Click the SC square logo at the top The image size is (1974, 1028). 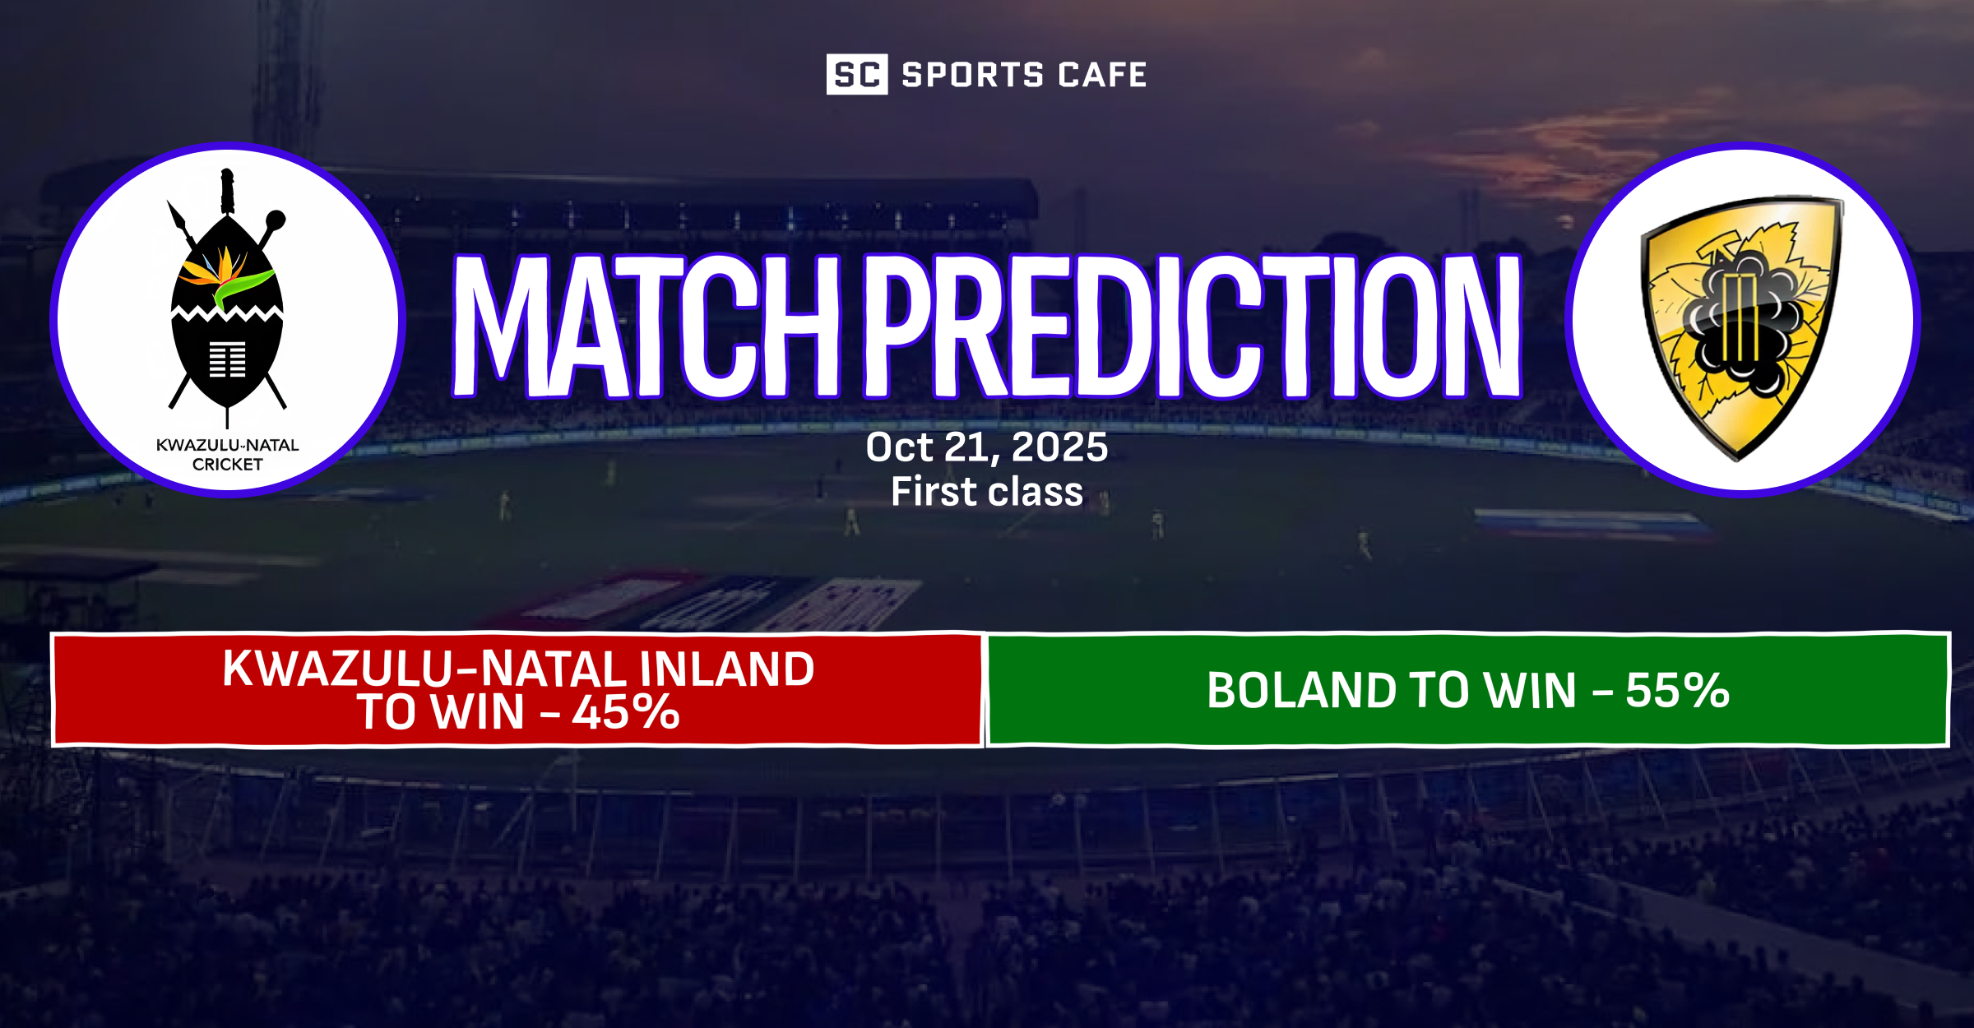click(x=856, y=74)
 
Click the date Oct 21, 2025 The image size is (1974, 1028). click(x=987, y=447)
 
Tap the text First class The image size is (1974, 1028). click(x=987, y=492)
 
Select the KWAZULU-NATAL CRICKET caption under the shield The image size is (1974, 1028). click(x=227, y=455)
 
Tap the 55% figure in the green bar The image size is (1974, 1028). click(x=1677, y=690)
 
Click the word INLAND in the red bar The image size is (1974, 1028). click(x=727, y=669)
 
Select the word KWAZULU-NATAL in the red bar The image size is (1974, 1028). click(x=427, y=669)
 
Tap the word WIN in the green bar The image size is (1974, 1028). click(x=1531, y=690)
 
